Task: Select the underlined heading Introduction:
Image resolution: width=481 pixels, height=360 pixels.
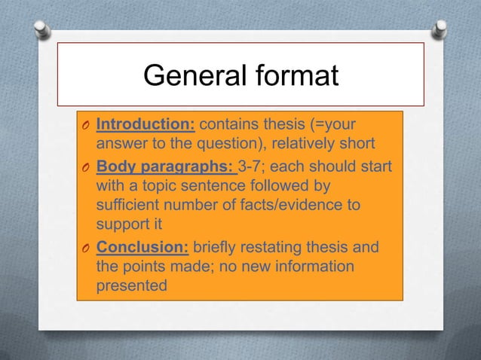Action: click(146, 124)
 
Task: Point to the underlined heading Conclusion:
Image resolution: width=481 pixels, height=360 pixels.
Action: click(143, 249)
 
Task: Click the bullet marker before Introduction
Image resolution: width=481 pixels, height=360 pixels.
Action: click(86, 124)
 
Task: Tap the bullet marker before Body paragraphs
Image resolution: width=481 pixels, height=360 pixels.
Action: click(86, 166)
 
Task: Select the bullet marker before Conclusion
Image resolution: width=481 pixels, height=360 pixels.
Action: click(86, 250)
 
